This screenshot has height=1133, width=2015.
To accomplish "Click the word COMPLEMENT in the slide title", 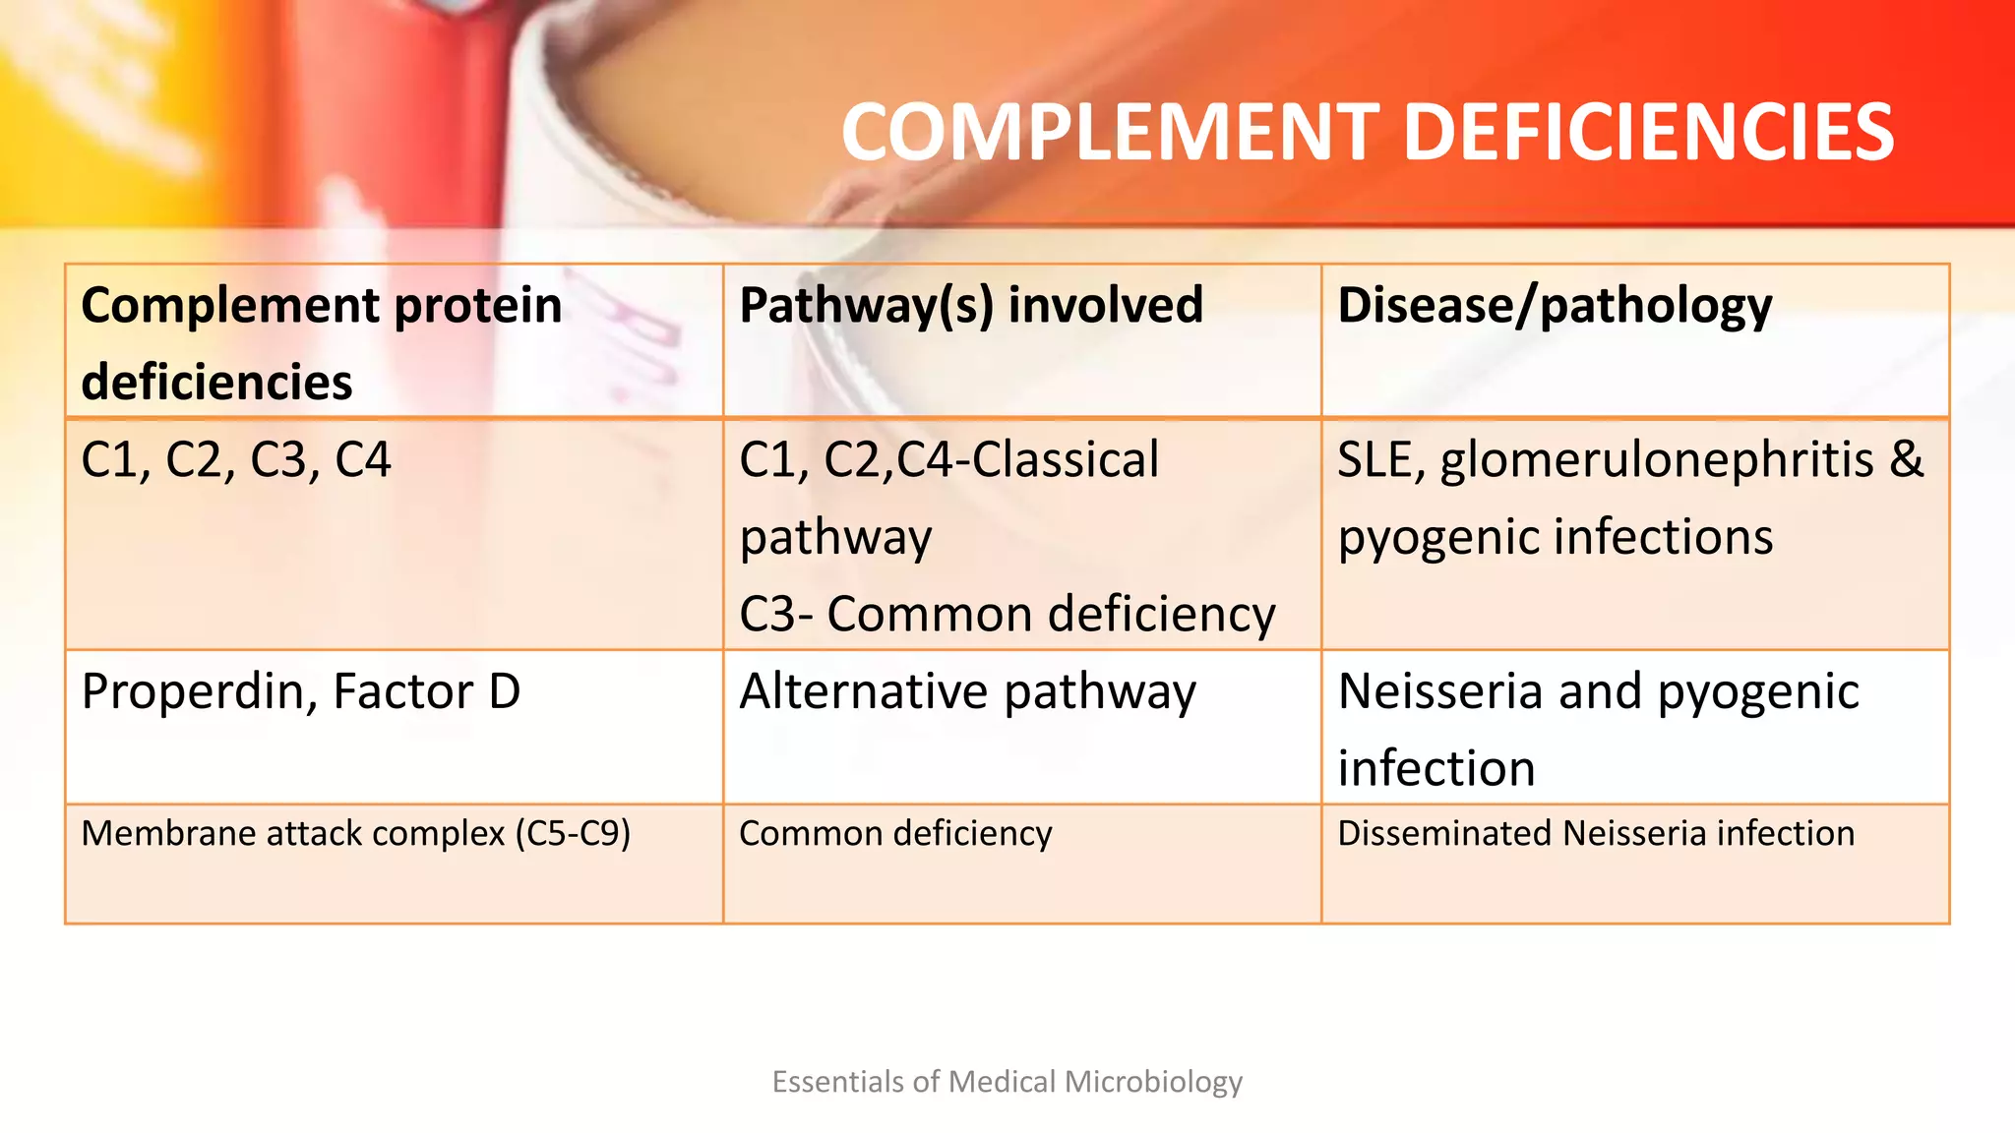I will pos(1112,133).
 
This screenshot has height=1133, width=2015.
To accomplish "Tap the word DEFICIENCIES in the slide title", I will pos(1648,133).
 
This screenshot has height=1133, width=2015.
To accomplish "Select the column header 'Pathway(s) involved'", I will pos(971,305).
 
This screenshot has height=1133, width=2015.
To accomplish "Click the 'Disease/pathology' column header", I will pos(1555,305).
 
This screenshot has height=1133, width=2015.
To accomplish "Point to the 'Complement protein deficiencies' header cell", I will pos(322,341).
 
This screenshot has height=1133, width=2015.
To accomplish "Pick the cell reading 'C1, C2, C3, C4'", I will pos(236,459).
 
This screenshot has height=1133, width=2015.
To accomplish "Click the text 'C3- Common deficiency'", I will pos(1007,614).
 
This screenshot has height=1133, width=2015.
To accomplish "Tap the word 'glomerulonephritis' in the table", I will pos(1657,459).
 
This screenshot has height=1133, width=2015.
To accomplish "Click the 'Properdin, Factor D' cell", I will pos(301,690).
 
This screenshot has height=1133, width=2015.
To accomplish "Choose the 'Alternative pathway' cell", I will pos(967,690).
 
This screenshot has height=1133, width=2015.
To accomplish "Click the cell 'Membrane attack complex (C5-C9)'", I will pos(355,833).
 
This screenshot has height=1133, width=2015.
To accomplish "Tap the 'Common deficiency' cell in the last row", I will pos(895,833).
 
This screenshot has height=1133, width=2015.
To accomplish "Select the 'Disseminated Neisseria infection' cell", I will pos(1596,833).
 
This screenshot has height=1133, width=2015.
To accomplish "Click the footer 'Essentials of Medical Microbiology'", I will pos(1007,1082).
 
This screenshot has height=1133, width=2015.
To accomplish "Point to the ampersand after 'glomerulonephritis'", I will pos(1907,459).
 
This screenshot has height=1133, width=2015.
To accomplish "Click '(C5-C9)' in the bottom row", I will pos(573,833).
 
